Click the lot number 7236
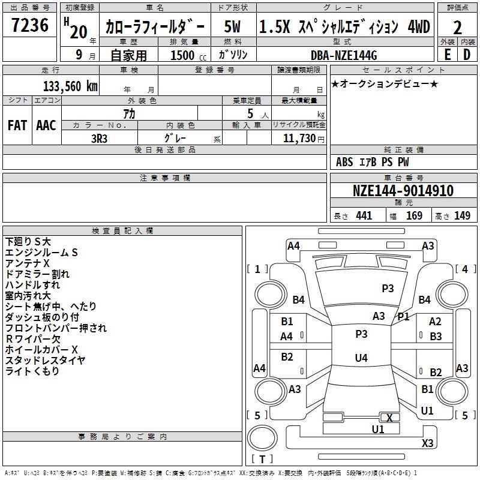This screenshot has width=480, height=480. [29, 26]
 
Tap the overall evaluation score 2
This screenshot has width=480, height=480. [457, 28]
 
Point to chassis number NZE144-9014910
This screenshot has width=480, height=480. [403, 191]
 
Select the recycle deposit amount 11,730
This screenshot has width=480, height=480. [298, 138]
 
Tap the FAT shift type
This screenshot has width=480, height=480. [17, 125]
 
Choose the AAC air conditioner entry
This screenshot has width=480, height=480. [46, 125]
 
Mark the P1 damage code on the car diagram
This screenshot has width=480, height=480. [403, 317]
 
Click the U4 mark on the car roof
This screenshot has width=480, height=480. [361, 358]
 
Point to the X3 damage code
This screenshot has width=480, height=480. [427, 443]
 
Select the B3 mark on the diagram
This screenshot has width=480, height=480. [436, 337]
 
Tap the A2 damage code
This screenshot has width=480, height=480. [435, 322]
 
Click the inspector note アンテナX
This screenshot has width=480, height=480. [28, 263]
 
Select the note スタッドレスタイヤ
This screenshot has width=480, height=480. [45, 360]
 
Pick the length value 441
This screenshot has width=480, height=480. [364, 216]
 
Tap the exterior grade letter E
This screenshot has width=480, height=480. [447, 55]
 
